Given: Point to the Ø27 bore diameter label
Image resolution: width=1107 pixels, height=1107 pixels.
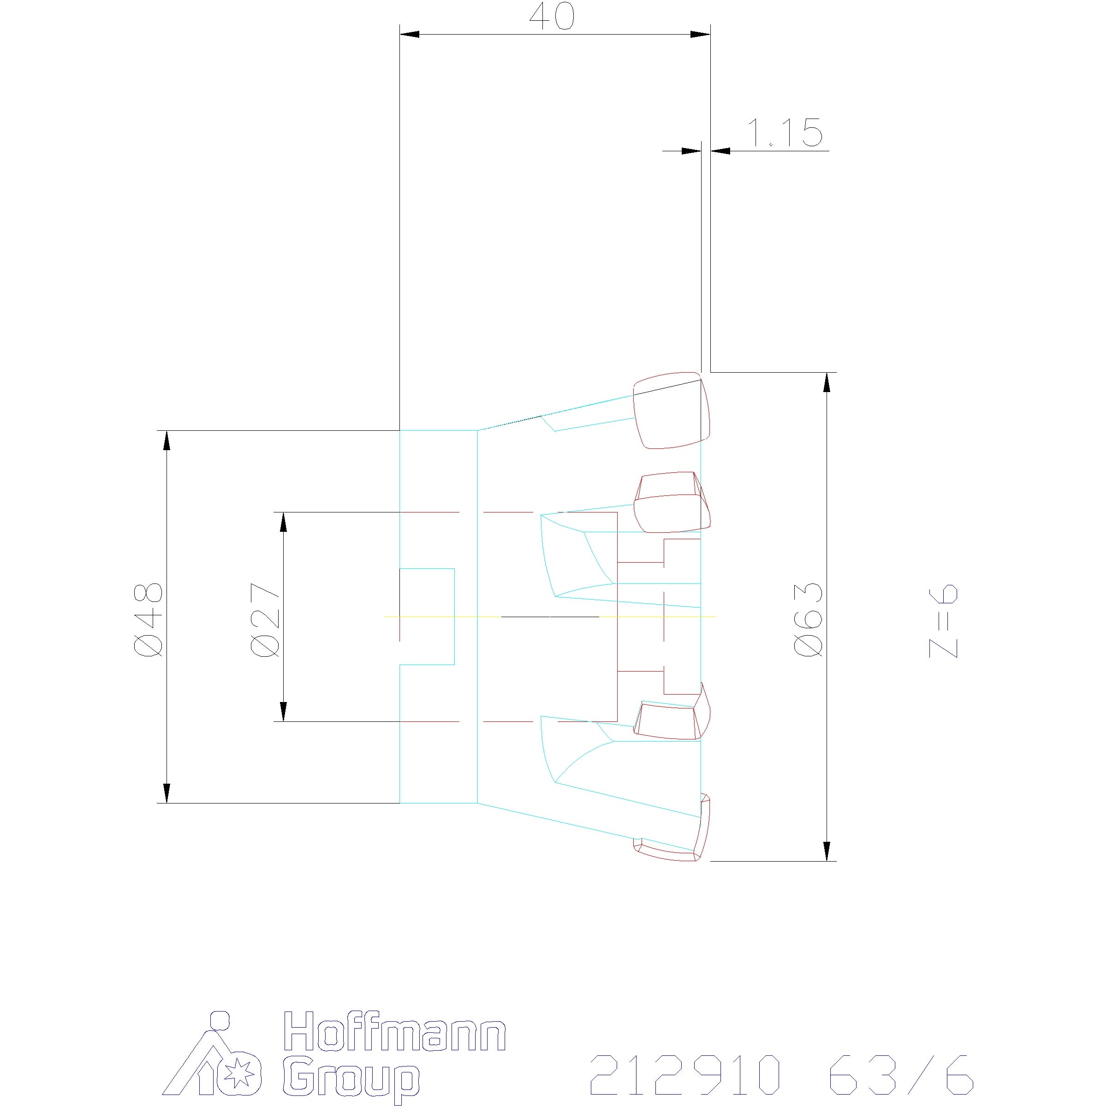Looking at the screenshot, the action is [x=265, y=619].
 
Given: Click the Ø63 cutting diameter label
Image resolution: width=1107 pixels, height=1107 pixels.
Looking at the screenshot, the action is [x=809, y=619].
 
